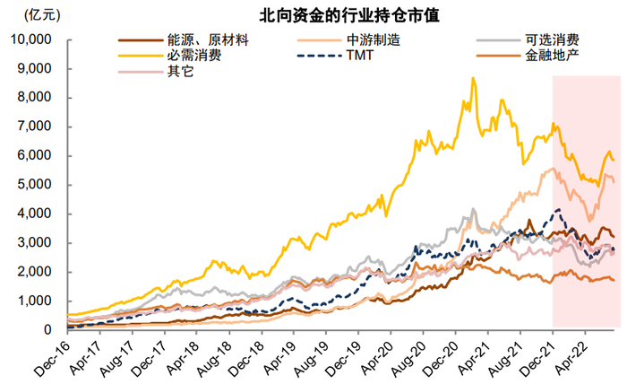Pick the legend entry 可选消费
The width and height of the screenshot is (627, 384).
[x=551, y=39]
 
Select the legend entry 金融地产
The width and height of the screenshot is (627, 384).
[x=551, y=55]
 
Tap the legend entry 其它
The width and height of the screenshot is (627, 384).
[x=179, y=70]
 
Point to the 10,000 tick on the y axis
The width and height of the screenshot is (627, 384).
[x=32, y=39]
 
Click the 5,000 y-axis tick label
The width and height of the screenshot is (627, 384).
[x=36, y=185]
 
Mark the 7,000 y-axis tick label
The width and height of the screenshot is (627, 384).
[x=36, y=127]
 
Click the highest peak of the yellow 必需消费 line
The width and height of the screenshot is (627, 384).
[x=473, y=78]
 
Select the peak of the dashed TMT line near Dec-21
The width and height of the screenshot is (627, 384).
[x=559, y=210]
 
